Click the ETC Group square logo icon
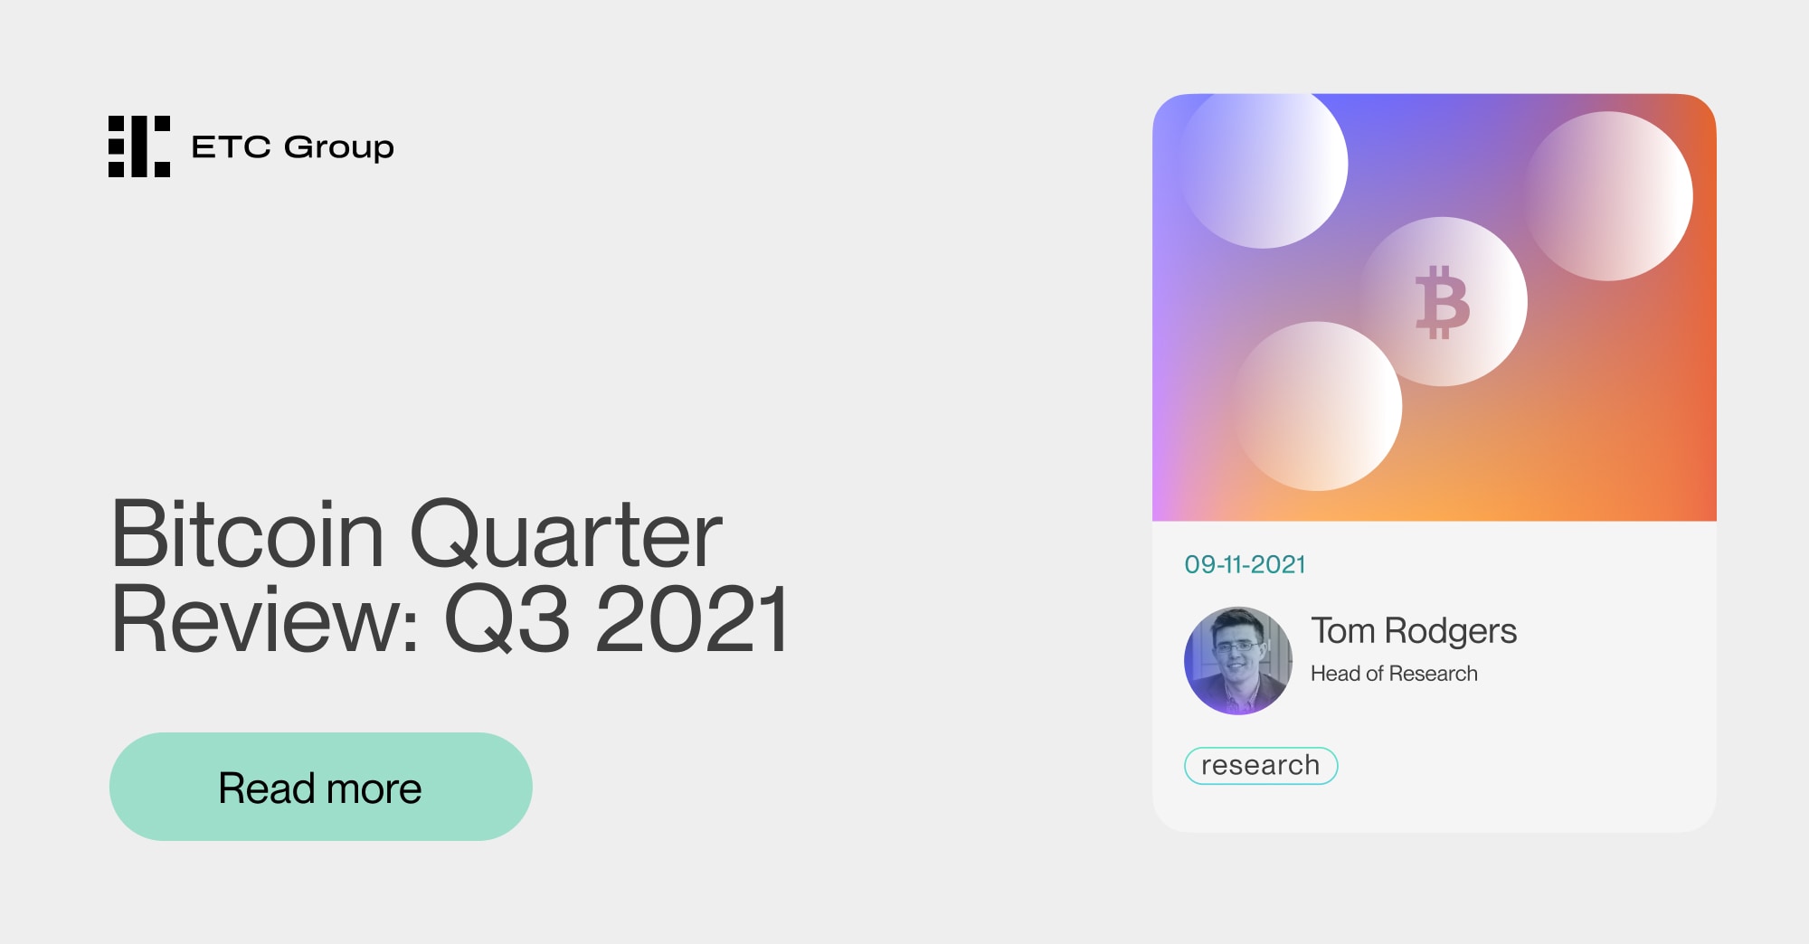[139, 146]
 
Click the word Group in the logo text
[339, 147]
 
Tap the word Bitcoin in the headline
[247, 535]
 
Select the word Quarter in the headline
[565, 535]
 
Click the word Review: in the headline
[264, 620]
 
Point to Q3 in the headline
[507, 620]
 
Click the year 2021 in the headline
[692, 620]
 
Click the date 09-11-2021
[1245, 565]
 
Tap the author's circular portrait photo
[1238, 661]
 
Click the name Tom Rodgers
[1413, 631]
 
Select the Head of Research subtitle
[1394, 674]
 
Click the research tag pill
[1260, 766]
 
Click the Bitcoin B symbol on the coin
[1442, 302]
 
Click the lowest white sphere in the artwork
[1318, 406]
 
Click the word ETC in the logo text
[231, 147]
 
